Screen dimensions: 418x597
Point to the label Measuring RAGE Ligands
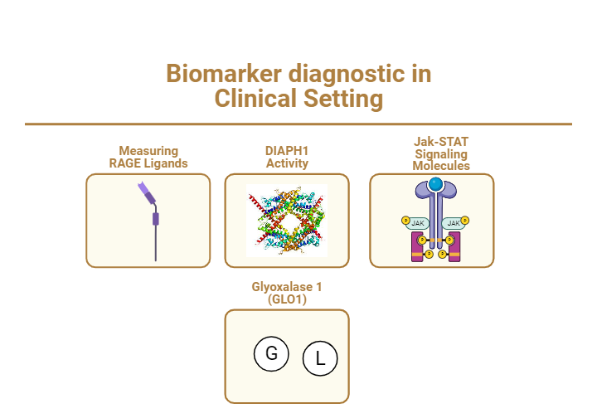pos(148,157)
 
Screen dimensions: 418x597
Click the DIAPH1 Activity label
pos(287,157)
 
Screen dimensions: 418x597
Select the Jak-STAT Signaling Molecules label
pos(441,154)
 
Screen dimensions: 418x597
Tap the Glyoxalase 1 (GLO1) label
pos(287,293)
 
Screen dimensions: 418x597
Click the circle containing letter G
pos(271,354)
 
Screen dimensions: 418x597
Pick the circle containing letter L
pos(320,359)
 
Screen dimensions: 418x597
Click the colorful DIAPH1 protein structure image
pos(287,221)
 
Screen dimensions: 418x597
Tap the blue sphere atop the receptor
pos(436,183)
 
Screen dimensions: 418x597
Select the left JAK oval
pos(418,223)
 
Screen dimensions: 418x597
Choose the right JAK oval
pos(454,223)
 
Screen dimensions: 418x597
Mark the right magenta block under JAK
pos(453,247)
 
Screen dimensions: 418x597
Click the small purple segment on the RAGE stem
pos(155,219)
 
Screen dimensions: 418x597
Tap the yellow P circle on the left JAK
pos(405,221)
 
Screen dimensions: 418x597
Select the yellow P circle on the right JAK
pos(465,221)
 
